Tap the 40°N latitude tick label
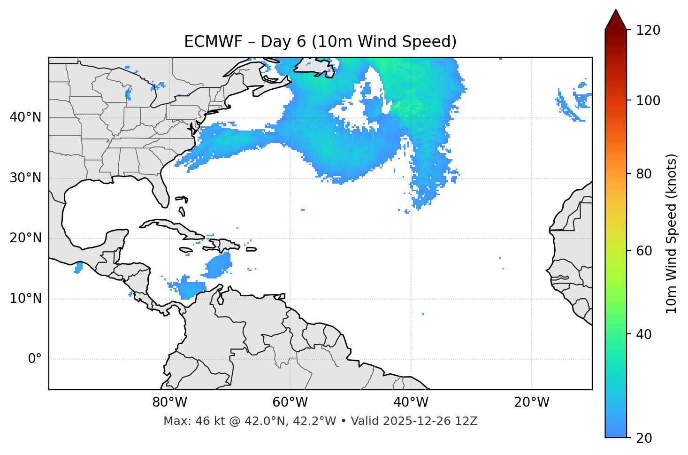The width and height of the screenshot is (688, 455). pos(25,117)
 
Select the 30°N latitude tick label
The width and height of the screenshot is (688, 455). pos(25,178)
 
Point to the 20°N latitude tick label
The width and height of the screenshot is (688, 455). pos(25,238)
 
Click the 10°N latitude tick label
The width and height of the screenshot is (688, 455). pos(25,299)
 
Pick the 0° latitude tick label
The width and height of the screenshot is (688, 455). pos(35,359)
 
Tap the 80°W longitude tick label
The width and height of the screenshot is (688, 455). pos(169,402)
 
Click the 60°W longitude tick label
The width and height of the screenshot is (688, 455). pos(290,402)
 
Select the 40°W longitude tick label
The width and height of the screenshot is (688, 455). pos(411,402)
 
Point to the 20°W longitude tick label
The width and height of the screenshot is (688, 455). pos(531,402)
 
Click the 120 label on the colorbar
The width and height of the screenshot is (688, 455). pos(648,30)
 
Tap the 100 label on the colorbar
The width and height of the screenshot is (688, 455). pos(648,100)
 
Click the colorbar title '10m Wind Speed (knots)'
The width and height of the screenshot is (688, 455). pos(672,234)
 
